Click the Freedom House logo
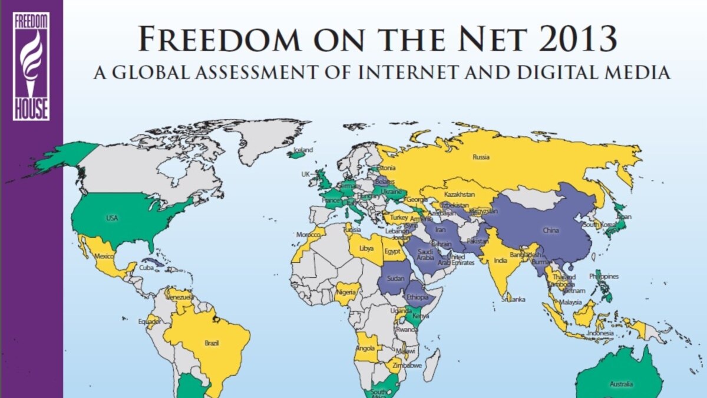tap(31, 66)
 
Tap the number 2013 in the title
tap(578, 40)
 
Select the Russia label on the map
tap(481, 157)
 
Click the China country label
tap(550, 231)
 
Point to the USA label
tap(112, 218)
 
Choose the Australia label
tap(622, 384)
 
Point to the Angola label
tap(365, 348)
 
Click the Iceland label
tap(304, 150)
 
